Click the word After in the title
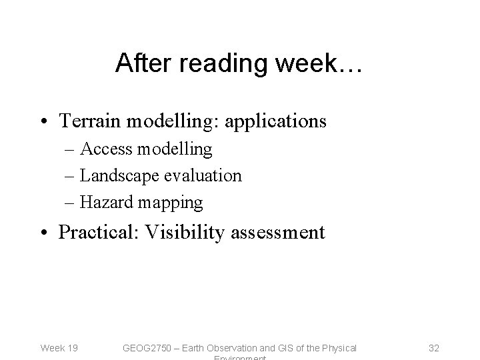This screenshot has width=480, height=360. pyautogui.click(x=138, y=64)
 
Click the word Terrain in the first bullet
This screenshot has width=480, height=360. pyautogui.click(x=89, y=121)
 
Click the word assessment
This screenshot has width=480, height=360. pyautogui.click(x=279, y=233)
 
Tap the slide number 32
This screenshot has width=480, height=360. pyautogui.click(x=433, y=347)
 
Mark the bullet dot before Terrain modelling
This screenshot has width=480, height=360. pyautogui.click(x=49, y=121)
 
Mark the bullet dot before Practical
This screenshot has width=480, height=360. pyautogui.click(x=49, y=233)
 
